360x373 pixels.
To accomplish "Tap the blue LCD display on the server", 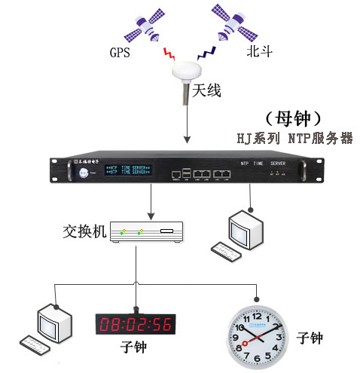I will pyautogui.click(x=127, y=170).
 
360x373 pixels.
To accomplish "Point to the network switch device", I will pyautogui.click(x=148, y=232).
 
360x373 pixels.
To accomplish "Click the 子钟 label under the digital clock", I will pyautogui.click(x=135, y=350).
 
